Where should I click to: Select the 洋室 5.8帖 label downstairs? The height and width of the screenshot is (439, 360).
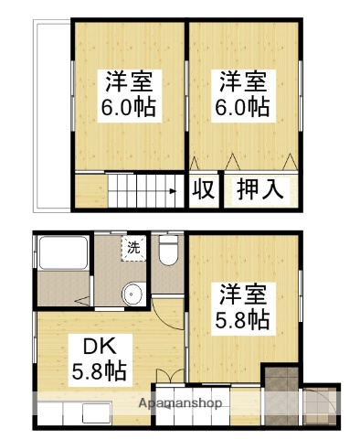(x=242, y=307)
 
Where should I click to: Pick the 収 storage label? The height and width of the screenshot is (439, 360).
(x=204, y=190)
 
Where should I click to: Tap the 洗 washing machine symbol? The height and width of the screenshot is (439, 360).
(x=133, y=247)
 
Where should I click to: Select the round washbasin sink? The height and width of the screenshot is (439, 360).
(x=133, y=294)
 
